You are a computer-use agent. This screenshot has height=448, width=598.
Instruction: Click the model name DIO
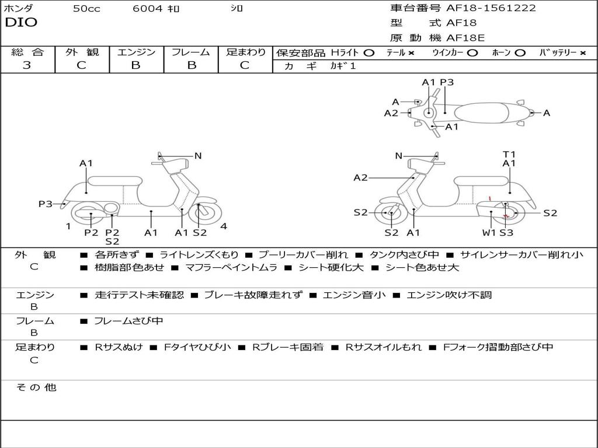click(21, 23)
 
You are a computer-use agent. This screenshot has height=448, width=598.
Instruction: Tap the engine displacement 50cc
click(86, 9)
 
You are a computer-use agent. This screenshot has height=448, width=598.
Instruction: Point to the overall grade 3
click(27, 65)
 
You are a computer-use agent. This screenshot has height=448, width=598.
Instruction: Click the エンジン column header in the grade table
click(137, 52)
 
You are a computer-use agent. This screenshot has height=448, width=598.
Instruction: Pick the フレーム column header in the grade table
click(190, 52)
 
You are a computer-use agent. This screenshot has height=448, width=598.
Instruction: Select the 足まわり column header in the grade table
click(245, 52)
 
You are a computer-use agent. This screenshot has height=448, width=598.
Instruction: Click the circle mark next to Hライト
click(368, 52)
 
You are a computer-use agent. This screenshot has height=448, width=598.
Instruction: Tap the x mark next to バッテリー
click(583, 52)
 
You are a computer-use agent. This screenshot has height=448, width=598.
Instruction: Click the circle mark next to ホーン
click(520, 52)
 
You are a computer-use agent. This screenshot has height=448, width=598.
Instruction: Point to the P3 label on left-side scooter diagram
click(46, 204)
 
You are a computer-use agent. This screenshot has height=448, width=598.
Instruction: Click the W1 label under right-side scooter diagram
click(489, 233)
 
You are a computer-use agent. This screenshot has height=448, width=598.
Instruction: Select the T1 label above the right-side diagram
click(509, 155)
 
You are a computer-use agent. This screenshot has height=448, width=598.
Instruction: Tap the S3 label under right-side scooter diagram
click(506, 233)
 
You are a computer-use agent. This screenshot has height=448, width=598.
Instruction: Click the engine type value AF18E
click(465, 38)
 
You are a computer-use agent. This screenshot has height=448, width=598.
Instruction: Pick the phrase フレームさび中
click(128, 321)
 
